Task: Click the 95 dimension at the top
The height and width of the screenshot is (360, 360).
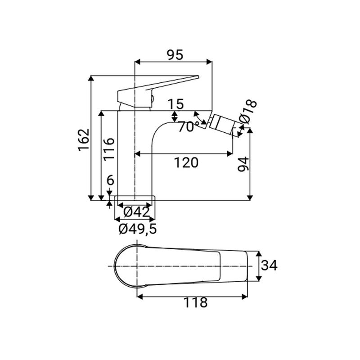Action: point(175,55)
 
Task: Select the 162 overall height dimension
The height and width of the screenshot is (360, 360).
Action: point(84,140)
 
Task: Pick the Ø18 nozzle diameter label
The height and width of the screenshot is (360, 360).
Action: point(248,111)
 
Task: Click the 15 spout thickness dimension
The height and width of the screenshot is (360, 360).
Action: point(176,104)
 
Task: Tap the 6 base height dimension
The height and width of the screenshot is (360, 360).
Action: point(111,181)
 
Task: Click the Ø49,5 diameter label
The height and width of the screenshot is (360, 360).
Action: point(138,229)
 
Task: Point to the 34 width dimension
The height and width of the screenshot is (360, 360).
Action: point(269,265)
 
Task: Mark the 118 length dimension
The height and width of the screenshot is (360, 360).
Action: point(195,302)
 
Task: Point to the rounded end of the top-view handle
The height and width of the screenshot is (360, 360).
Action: point(118,266)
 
